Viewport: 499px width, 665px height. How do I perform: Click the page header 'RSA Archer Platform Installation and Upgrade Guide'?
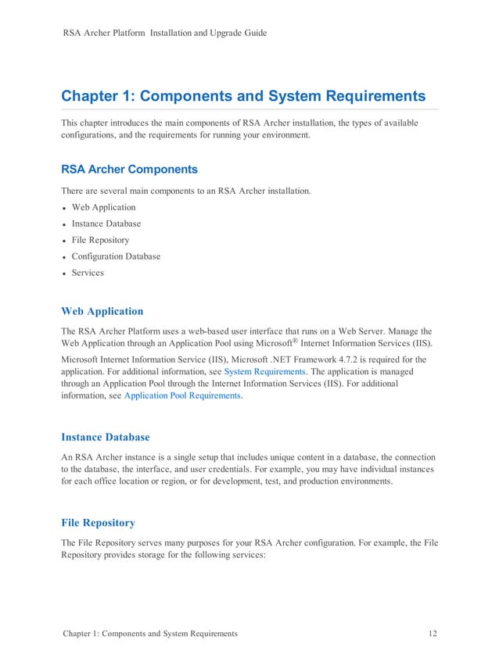click(164, 33)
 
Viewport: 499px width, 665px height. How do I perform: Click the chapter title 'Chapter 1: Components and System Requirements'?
click(243, 96)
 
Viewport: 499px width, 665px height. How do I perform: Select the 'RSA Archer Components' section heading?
click(129, 169)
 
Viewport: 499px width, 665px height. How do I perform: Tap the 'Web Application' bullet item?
click(103, 207)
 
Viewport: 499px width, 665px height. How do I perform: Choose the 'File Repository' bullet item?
click(100, 240)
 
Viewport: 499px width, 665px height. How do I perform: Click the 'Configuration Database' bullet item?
click(116, 256)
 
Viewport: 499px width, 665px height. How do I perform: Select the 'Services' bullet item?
click(88, 273)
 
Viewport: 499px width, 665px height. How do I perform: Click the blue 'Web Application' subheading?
click(102, 311)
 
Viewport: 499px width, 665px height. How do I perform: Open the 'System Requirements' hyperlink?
click(264, 372)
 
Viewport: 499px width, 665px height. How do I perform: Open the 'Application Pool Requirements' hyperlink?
click(183, 396)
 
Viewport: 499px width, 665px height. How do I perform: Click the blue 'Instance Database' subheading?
click(105, 437)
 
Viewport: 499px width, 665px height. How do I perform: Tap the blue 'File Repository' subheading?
click(98, 522)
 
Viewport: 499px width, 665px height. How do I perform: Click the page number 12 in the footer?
click(433, 633)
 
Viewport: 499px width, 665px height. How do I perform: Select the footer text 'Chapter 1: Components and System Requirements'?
click(149, 633)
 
